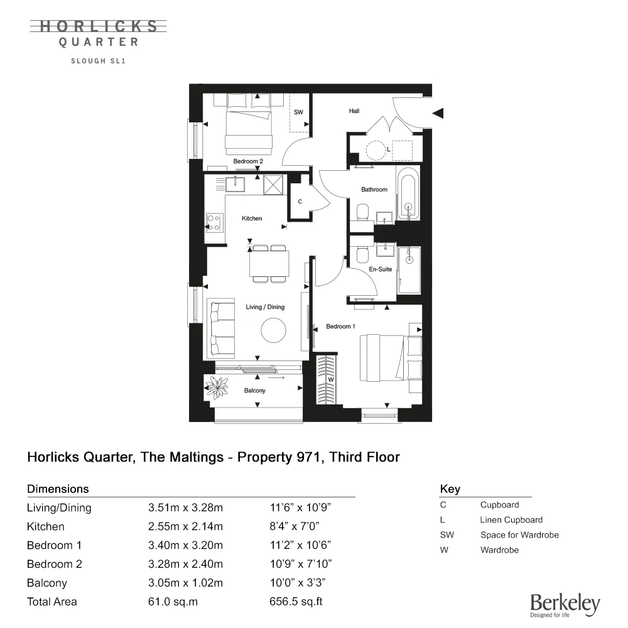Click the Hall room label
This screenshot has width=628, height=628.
(x=354, y=111)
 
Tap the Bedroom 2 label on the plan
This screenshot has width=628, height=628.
(x=248, y=161)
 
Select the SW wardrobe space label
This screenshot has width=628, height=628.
(x=298, y=112)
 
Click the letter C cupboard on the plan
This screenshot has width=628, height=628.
(x=300, y=202)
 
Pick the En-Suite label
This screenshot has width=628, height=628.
(x=381, y=269)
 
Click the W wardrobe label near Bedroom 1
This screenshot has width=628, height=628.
(x=330, y=380)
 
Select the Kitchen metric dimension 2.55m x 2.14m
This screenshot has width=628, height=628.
(x=185, y=526)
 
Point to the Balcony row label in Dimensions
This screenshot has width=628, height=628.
(x=47, y=583)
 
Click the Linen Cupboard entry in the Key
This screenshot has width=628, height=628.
(x=511, y=520)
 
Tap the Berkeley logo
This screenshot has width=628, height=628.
(x=565, y=605)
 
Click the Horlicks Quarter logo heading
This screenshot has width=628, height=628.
(x=99, y=33)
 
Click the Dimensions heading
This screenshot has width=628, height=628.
(x=58, y=489)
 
